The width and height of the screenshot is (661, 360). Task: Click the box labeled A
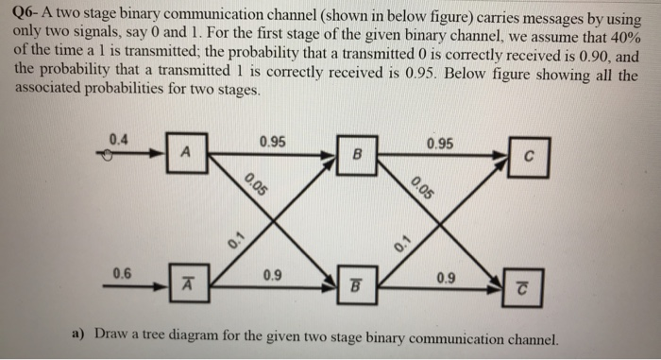click(186, 153)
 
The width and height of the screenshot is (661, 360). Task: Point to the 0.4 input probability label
click(118, 140)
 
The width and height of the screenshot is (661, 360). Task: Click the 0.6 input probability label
click(123, 273)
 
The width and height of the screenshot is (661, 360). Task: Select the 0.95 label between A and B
click(272, 143)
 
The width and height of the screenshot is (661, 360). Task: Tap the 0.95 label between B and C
click(440, 144)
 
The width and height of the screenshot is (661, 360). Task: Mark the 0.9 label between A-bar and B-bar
click(272, 276)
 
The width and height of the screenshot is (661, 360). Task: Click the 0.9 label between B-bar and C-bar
click(441, 277)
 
